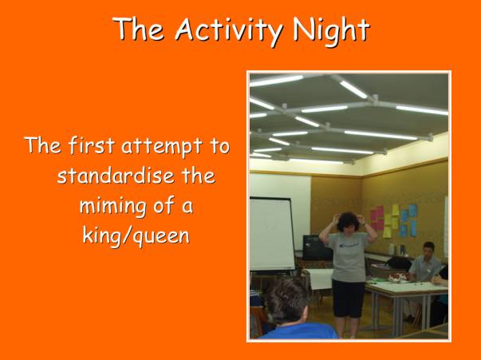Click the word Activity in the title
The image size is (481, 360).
[x=229, y=30]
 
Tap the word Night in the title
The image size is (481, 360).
[x=331, y=30]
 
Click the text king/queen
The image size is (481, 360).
[x=136, y=236]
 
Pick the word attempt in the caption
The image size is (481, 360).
[x=162, y=146]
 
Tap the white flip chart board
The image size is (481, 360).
[x=271, y=234]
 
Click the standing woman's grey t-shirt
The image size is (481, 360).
[x=348, y=256]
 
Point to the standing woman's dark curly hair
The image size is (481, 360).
[x=348, y=221]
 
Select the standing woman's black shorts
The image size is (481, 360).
[x=349, y=298]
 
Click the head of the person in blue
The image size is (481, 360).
[x=287, y=301]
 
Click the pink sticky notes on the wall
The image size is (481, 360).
[x=377, y=218]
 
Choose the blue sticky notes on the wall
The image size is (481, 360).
[x=408, y=220]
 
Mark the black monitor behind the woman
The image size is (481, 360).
[x=316, y=247]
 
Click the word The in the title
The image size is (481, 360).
[x=138, y=30]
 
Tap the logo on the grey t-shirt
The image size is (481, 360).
[x=349, y=244]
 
